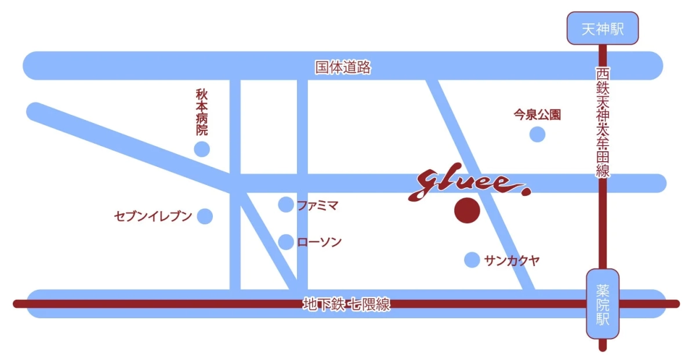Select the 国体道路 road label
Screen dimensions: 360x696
[343, 67]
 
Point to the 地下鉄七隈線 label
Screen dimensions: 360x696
[346, 304]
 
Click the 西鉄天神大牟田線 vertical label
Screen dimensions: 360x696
[603, 123]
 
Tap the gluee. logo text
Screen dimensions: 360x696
[464, 184]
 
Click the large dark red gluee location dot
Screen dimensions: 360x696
[467, 210]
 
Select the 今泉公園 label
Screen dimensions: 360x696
[538, 115]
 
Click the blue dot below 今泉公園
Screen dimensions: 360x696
[538, 134]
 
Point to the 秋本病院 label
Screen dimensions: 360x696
[202, 112]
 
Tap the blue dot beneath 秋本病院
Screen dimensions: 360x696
[202, 150]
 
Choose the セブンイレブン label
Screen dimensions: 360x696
[153, 217]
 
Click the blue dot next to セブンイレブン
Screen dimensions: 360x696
[205, 216]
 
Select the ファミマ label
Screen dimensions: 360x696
[317, 205]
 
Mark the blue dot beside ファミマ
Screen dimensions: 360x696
[286, 204]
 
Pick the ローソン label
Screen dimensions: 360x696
[319, 242]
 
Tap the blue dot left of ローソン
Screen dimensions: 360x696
[286, 242]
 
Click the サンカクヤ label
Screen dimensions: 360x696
[512, 260]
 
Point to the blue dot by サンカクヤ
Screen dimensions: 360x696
[472, 260]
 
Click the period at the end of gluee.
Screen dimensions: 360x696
[525, 192]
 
